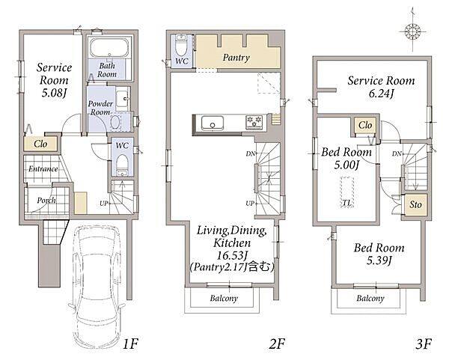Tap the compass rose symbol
click(x=412, y=31)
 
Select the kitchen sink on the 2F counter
click(x=213, y=123)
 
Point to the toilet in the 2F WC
click(x=181, y=46)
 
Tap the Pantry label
click(x=236, y=58)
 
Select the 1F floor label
click(x=130, y=344)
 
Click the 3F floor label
click(x=424, y=344)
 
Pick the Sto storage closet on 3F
click(x=415, y=205)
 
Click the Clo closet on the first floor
click(x=40, y=144)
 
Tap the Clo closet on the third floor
click(x=365, y=125)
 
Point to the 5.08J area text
click(x=54, y=93)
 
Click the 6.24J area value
click(x=381, y=94)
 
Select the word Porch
click(x=46, y=200)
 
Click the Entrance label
click(x=43, y=169)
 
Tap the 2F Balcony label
click(x=224, y=299)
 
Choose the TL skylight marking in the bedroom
click(x=347, y=192)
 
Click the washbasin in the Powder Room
click(x=123, y=99)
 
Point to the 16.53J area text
click(x=232, y=255)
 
